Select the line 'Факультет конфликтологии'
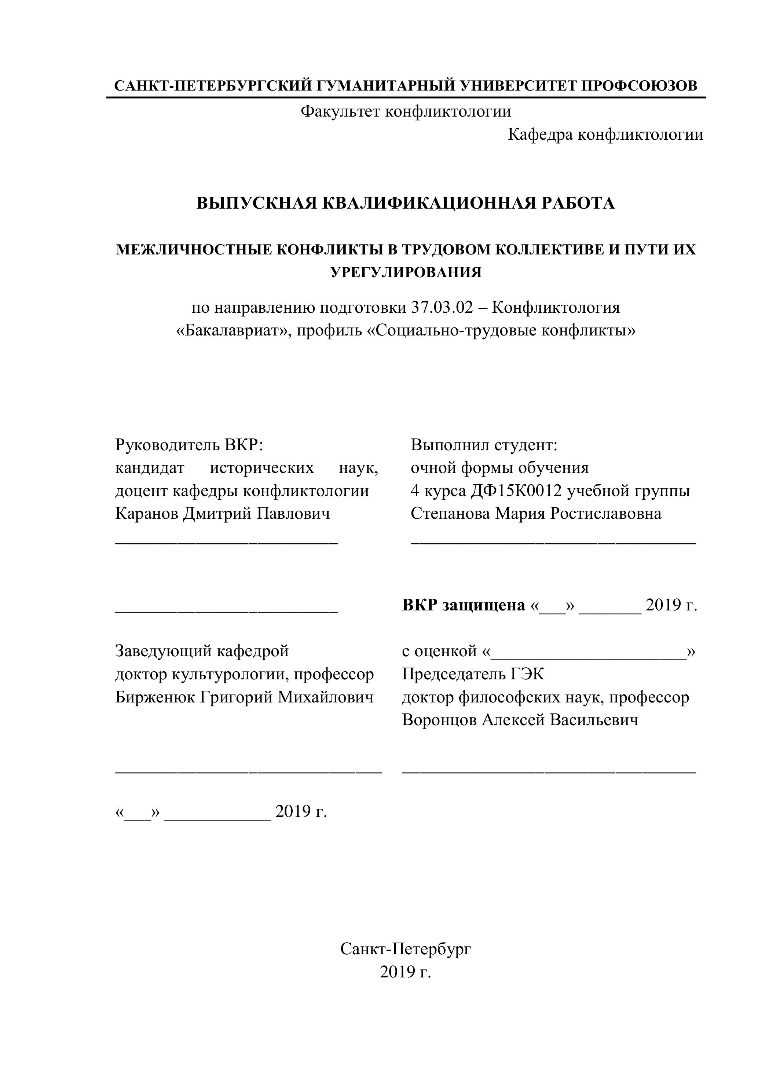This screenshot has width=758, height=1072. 405,111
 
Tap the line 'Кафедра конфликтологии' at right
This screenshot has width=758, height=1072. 605,135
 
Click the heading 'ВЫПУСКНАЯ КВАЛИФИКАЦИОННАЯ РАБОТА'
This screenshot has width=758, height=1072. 405,203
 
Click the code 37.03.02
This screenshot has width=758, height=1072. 442,308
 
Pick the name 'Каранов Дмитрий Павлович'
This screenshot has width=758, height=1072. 222,514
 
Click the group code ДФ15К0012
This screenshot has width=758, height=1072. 516,491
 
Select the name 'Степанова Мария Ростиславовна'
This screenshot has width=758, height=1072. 536,514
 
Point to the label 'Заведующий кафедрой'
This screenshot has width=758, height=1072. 202,650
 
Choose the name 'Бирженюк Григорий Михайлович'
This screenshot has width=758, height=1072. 244,697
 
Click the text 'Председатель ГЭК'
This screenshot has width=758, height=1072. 473,674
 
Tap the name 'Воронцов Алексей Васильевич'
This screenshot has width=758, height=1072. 520,720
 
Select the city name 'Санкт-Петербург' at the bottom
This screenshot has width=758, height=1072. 405,949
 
